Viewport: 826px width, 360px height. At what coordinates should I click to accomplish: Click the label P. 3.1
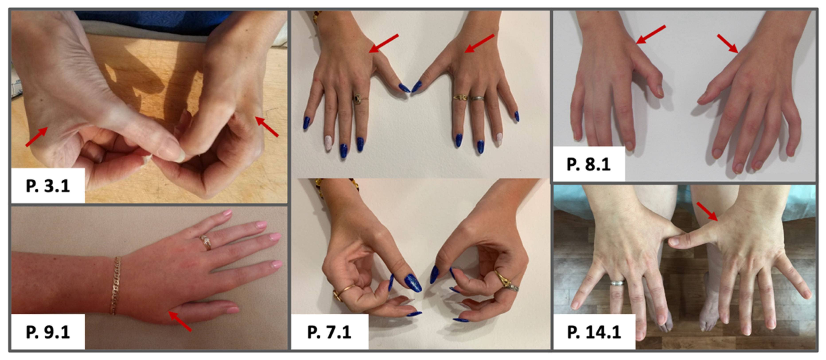[x=48, y=186]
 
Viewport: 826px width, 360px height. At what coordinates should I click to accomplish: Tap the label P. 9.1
[x=48, y=332]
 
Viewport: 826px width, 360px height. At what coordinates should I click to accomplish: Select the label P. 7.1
[x=329, y=332]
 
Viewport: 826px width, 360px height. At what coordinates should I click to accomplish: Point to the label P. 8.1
[x=588, y=164]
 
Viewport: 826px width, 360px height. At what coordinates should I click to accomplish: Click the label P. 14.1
[x=594, y=332]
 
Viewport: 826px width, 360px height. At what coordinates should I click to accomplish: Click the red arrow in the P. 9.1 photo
[x=180, y=321]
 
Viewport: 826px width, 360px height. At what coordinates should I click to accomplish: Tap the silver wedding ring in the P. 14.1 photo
[x=617, y=283]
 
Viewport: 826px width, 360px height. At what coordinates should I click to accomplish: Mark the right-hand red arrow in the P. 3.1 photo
[x=267, y=127]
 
